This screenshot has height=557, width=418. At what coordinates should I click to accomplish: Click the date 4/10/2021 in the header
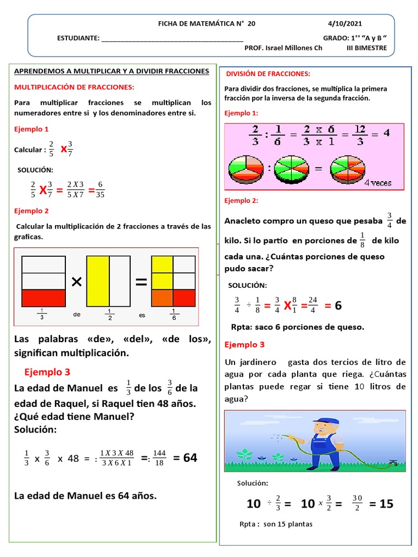[x=345, y=24]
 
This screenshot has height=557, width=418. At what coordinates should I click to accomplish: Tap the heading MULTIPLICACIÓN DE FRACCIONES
[x=73, y=87]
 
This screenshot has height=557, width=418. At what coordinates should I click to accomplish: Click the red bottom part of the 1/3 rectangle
[x=44, y=298]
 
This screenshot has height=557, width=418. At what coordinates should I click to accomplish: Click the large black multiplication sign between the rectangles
[x=76, y=282]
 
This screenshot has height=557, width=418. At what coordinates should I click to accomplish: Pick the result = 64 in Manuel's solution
[x=185, y=458]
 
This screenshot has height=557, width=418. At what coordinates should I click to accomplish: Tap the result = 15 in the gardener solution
[x=381, y=504]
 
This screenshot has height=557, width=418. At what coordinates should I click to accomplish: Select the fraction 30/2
[x=356, y=504]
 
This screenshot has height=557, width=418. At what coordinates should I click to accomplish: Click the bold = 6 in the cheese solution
[x=333, y=306]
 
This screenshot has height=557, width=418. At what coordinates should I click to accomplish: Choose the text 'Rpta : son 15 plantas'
[x=276, y=524]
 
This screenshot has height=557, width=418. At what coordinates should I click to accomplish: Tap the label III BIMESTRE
[x=367, y=48]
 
